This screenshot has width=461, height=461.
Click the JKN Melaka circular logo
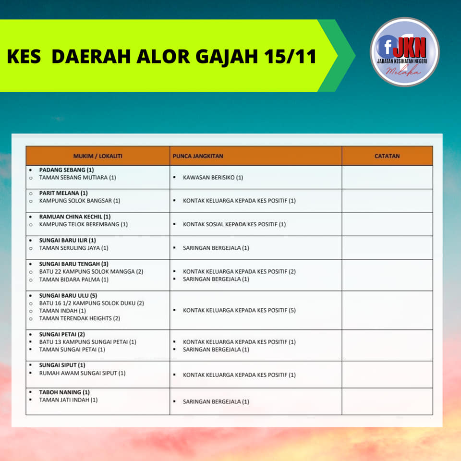click(x=404, y=52)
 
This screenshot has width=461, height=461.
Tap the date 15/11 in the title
click(x=290, y=56)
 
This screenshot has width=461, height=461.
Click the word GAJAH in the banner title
click(x=227, y=57)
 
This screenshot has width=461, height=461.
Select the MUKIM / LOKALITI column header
click(x=97, y=156)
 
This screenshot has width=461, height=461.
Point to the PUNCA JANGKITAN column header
click(x=198, y=156)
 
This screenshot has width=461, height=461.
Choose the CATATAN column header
click(x=387, y=156)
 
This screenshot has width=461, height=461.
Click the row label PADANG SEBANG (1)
click(x=66, y=170)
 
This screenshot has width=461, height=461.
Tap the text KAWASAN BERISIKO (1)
click(x=213, y=178)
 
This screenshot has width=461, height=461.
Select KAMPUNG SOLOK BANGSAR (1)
click(x=80, y=201)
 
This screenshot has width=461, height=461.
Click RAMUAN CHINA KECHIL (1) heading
click(x=75, y=217)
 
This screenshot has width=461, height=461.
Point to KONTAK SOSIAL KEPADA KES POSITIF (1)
click(x=234, y=224)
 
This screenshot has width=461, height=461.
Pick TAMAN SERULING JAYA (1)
click(x=74, y=248)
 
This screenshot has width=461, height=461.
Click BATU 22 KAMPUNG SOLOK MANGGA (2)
click(x=91, y=272)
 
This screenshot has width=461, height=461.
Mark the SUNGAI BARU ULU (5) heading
click(x=68, y=295)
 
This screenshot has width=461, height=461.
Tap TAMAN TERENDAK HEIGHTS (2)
click(x=80, y=318)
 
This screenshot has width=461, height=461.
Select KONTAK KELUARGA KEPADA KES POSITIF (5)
click(x=239, y=311)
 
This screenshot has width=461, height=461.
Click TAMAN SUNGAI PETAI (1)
click(x=72, y=350)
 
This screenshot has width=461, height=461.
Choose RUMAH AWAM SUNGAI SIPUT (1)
click(x=82, y=373)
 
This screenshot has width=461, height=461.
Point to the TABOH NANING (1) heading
click(x=64, y=392)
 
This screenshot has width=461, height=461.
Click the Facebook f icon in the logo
click(x=387, y=47)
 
